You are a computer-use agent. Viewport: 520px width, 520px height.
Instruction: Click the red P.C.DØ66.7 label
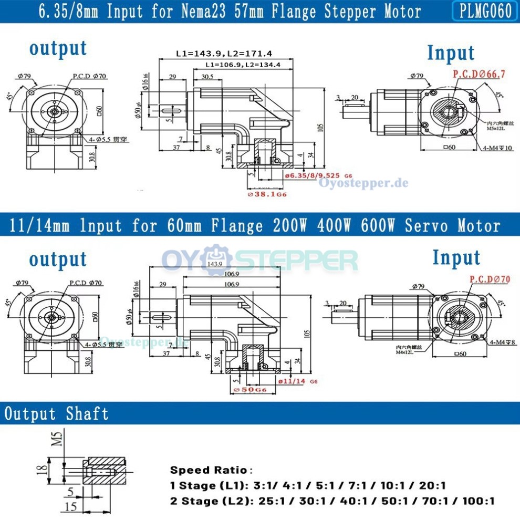click(479, 74)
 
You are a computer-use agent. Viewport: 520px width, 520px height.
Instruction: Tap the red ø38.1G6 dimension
click(267, 194)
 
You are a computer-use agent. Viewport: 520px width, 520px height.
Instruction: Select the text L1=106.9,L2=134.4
click(243, 65)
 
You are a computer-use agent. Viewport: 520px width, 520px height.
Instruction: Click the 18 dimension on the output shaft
click(44, 467)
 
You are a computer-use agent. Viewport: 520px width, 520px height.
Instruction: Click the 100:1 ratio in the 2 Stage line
click(477, 501)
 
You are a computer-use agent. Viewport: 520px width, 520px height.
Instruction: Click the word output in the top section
click(58, 48)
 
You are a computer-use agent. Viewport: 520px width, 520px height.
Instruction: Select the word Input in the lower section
click(456, 257)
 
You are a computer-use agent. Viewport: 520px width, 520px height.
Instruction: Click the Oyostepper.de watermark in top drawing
click(363, 183)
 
